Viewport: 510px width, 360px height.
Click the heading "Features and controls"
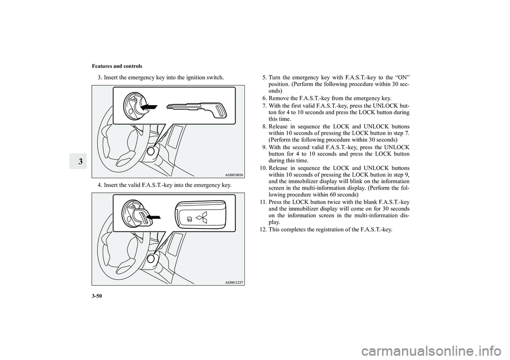click(x=117, y=66)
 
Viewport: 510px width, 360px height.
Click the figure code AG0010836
click(x=234, y=175)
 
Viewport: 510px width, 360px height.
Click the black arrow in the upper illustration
click(x=149, y=106)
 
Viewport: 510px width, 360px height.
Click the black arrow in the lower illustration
click(x=154, y=216)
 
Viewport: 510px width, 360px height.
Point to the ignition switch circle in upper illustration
click(x=151, y=151)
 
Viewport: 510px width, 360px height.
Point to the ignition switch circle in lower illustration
click(x=151, y=259)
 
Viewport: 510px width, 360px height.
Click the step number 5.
click(x=265, y=78)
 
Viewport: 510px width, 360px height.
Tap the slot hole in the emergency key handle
click(x=222, y=111)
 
